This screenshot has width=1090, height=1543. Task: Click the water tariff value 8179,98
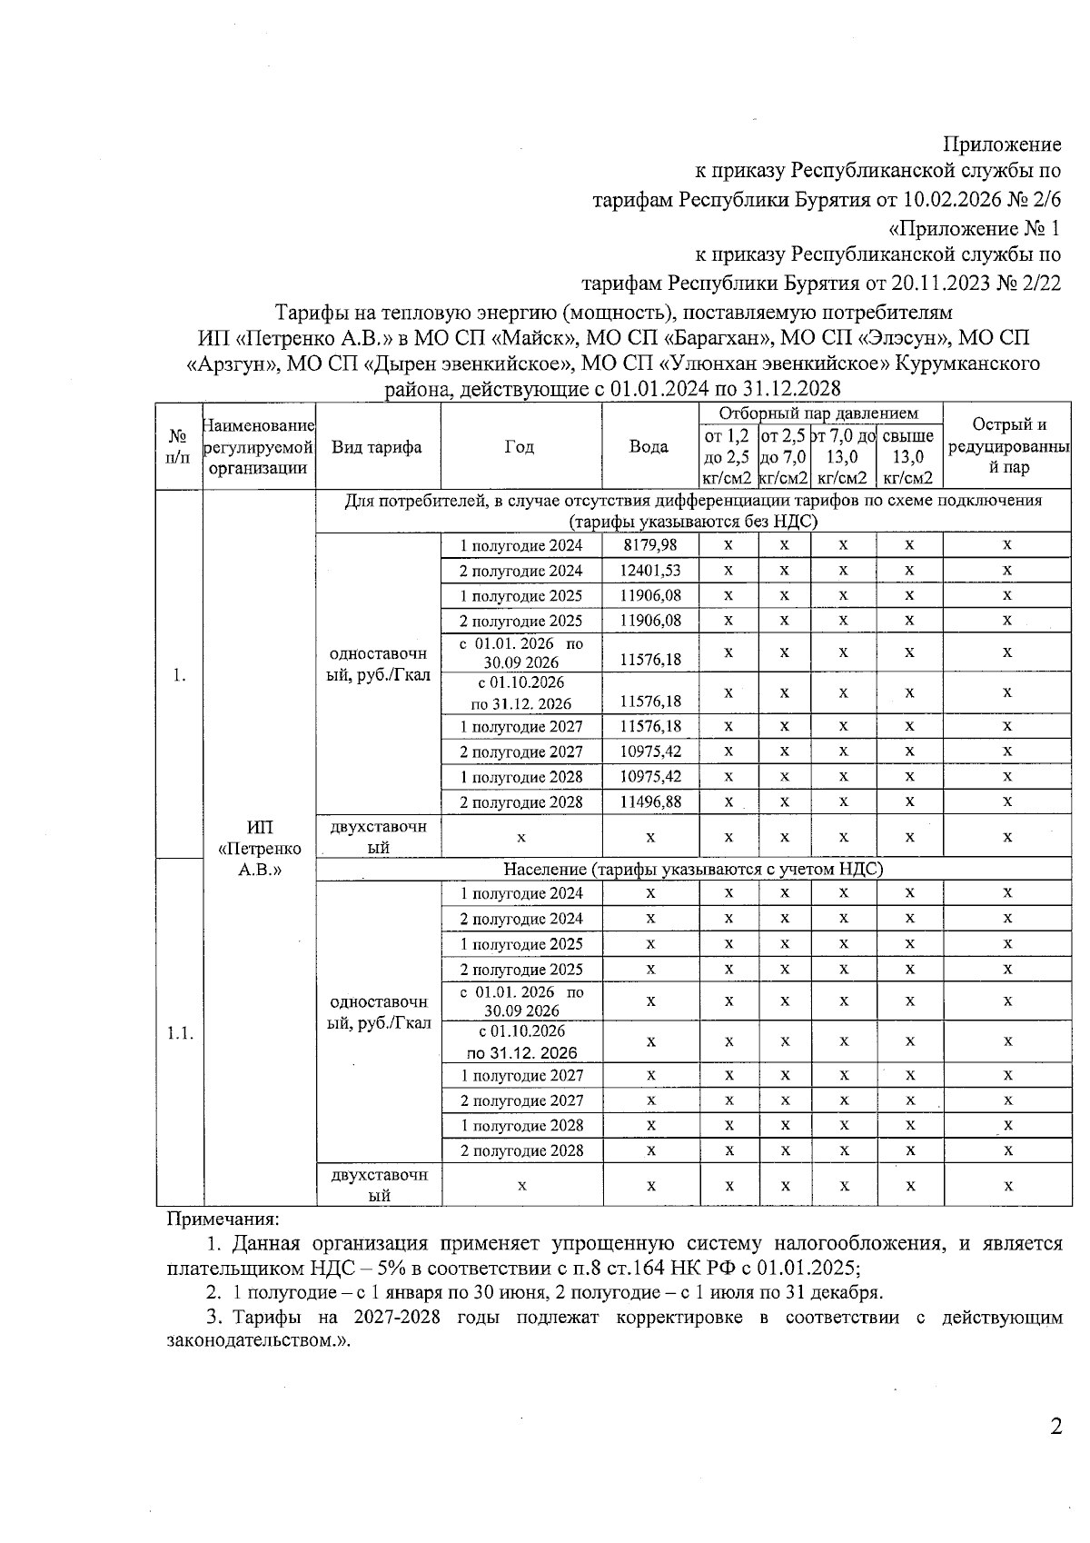click(x=649, y=544)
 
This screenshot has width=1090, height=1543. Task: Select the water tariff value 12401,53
click(x=649, y=570)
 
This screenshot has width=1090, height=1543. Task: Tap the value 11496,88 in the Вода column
click(x=649, y=801)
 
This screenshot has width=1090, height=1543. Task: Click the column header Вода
click(x=649, y=446)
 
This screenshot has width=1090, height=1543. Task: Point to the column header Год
click(x=520, y=446)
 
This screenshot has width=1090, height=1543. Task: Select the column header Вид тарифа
click(x=377, y=446)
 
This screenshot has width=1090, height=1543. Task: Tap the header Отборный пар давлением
click(x=820, y=413)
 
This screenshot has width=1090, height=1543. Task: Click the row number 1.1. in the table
click(x=179, y=1033)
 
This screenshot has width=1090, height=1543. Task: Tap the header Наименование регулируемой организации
click(x=259, y=446)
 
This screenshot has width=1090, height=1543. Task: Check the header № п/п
click(x=179, y=446)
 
